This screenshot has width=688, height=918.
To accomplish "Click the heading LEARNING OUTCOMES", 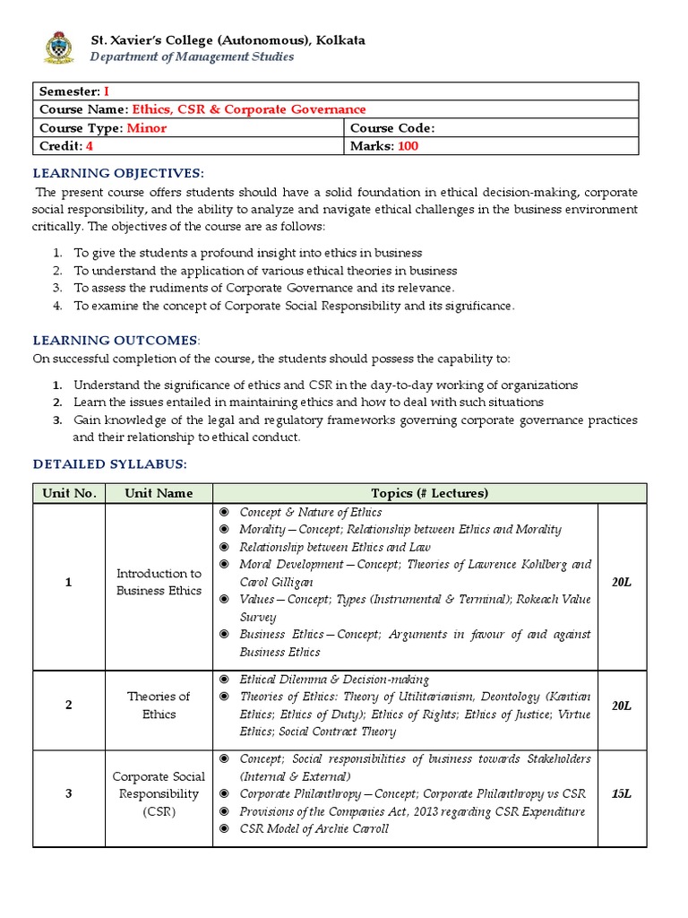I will pyautogui.click(x=116, y=340).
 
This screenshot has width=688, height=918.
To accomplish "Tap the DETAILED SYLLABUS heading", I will pyautogui.click(x=110, y=463).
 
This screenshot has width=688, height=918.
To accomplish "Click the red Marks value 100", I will pyautogui.click(x=408, y=145).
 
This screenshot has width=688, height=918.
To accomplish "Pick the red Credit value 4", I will pyautogui.click(x=90, y=145).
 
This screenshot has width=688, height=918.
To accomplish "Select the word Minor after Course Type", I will pyautogui.click(x=147, y=127).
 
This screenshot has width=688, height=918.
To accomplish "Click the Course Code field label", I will pyautogui.click(x=392, y=127).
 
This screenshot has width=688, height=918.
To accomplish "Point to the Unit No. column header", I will pyautogui.click(x=68, y=493).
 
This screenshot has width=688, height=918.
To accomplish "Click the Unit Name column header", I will pyautogui.click(x=159, y=493).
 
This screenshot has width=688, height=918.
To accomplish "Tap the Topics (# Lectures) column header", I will pyautogui.click(x=429, y=493).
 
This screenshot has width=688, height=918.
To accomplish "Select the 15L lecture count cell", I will pyautogui.click(x=621, y=793).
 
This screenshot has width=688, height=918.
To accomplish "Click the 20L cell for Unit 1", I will pyautogui.click(x=621, y=583).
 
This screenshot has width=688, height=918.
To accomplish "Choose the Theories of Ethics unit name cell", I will pyautogui.click(x=159, y=706).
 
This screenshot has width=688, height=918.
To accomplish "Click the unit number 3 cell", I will pyautogui.click(x=68, y=793).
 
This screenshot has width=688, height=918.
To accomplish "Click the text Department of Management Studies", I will pyautogui.click(x=191, y=56).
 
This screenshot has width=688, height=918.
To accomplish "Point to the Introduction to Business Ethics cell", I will pyautogui.click(x=159, y=582).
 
